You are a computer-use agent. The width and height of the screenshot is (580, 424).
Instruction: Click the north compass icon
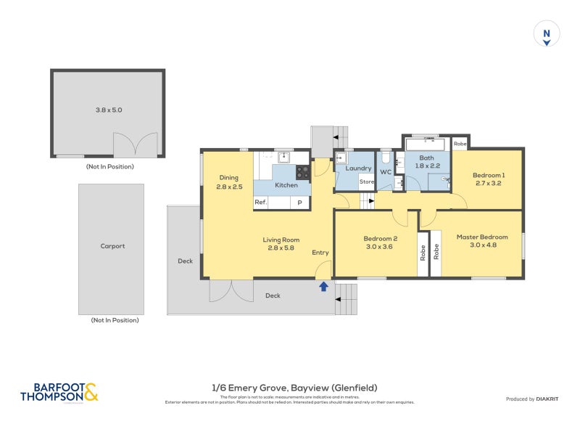(547, 34)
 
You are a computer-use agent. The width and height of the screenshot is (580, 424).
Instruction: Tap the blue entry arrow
(323, 287)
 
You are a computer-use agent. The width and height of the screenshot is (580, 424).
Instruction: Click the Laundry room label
(358, 168)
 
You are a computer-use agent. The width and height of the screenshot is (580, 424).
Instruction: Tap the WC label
(385, 172)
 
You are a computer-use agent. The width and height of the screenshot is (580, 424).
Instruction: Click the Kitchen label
(286, 185)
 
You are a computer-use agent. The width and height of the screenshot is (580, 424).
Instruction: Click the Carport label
(112, 246)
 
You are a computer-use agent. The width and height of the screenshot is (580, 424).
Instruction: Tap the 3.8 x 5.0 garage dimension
(109, 110)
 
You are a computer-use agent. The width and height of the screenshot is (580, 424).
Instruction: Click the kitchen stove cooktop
(302, 172)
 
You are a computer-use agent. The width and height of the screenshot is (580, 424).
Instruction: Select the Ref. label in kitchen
(261, 203)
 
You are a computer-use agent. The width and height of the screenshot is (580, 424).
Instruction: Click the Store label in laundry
(367, 182)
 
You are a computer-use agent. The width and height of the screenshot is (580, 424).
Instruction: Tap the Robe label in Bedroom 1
(460, 144)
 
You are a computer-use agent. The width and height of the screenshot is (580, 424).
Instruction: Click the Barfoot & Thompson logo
(59, 393)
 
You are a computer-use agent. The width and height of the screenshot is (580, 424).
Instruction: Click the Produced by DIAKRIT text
(531, 399)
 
